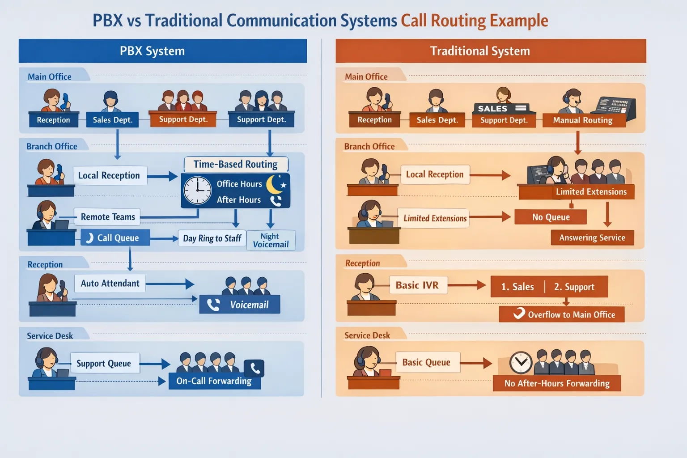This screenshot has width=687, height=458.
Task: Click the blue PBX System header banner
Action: pos(162,51)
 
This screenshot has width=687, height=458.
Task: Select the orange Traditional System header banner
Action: pos(491,51)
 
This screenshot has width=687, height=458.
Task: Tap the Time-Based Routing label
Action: pos(235,164)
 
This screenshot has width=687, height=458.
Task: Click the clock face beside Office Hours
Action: pos(197,191)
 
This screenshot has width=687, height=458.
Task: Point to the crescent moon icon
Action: pos(275,184)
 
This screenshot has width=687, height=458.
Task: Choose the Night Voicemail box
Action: pos(271,240)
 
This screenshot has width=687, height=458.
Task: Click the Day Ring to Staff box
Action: pos(212,238)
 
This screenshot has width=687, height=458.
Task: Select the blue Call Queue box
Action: pos(115,238)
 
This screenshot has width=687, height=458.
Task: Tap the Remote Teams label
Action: pos(107,217)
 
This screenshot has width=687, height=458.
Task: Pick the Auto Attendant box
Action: pos(110,283)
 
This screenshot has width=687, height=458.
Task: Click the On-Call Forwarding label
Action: pos(214,381)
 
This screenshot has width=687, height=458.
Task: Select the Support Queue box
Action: pos(104,363)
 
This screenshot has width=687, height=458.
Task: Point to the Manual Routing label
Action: pos(583,120)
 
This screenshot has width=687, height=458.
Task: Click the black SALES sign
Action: pos(500,108)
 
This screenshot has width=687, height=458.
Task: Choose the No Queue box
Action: pos(551,217)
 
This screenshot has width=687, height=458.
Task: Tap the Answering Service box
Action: pos(592,237)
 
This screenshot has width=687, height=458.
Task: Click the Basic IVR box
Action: pos(417,285)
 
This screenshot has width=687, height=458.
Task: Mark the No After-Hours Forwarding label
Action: pos(557,383)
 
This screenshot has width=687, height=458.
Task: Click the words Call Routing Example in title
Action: pos(474,21)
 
